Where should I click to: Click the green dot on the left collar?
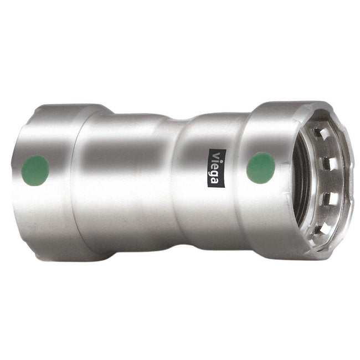click(x=35, y=170)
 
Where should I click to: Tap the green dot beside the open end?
click(x=261, y=167)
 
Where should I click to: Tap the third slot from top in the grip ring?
click(x=327, y=198)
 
